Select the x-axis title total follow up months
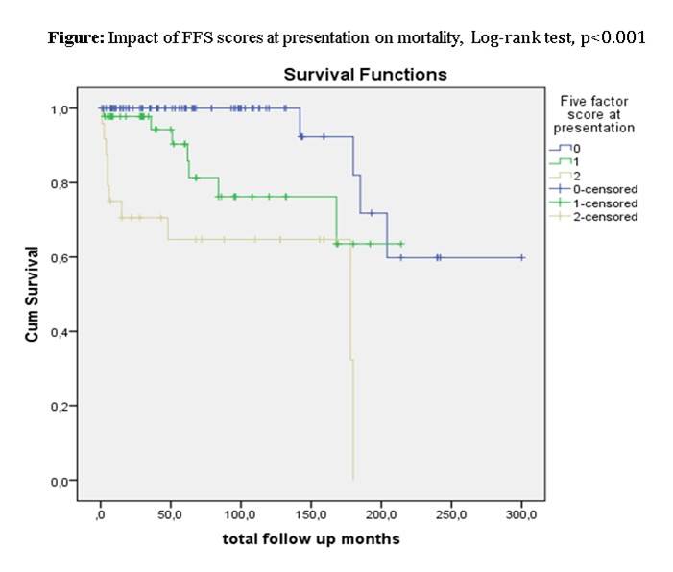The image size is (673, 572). [310, 538]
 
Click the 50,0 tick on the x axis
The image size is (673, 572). [171, 514]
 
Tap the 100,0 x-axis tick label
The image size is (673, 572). [240, 514]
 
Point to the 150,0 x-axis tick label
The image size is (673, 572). [310, 514]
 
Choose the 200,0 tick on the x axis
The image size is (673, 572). [381, 514]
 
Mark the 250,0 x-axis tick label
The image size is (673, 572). [451, 514]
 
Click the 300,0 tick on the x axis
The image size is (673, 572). [521, 514]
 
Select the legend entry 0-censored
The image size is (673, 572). [604, 189]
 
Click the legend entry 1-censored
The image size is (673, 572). [604, 203]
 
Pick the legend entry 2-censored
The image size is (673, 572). [604, 216]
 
